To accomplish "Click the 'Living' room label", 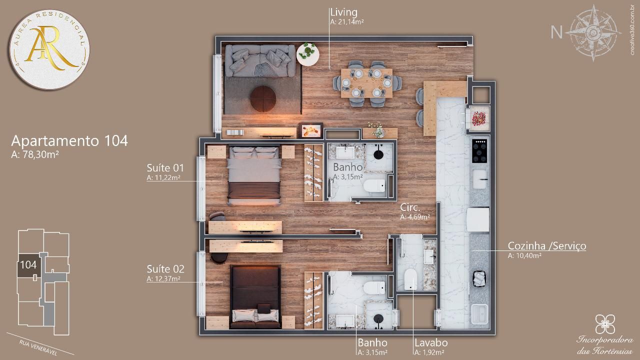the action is [343, 12].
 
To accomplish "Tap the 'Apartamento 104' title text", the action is [69, 141].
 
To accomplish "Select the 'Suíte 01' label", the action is [165, 167].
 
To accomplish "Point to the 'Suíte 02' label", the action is [165, 269].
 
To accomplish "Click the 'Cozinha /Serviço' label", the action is [547, 246].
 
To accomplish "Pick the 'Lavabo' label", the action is [431, 342].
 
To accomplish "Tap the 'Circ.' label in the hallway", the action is [410, 207].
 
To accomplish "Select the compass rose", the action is [593, 33].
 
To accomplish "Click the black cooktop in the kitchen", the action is [479, 151].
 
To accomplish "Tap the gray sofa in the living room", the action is [260, 61].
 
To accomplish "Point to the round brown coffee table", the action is [263, 99].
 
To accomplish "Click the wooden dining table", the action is [367, 83].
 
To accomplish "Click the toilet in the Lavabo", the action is [411, 279].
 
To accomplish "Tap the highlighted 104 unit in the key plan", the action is [29, 265].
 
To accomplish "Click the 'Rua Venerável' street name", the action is [38, 347].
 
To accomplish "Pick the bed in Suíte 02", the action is [255, 297].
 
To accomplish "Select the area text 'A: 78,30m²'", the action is [35, 154].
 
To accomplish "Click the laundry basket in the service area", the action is [479, 278].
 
